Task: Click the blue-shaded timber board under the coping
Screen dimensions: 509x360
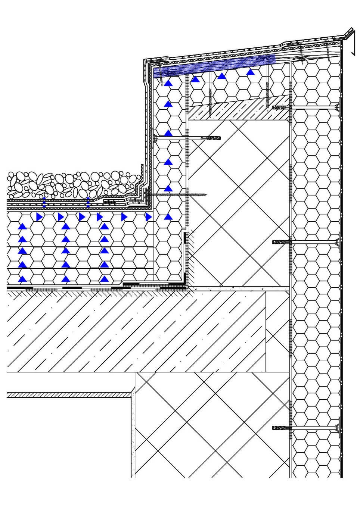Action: [213, 66]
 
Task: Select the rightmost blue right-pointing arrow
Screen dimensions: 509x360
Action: [148, 216]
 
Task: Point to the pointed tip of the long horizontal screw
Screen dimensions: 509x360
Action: [206, 194]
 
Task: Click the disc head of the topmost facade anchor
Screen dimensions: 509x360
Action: [338, 107]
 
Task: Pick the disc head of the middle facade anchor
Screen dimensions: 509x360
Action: [338, 242]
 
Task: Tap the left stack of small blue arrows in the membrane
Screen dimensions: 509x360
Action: [44, 202]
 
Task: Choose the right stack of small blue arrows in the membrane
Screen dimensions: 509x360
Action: [88, 202]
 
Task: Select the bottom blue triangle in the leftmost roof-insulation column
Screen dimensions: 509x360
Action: [23, 278]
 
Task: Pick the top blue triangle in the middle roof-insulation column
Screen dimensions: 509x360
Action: [65, 226]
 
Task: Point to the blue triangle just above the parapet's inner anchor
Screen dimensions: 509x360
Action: [168, 132]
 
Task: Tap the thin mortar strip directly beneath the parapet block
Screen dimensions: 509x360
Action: [239, 288]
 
